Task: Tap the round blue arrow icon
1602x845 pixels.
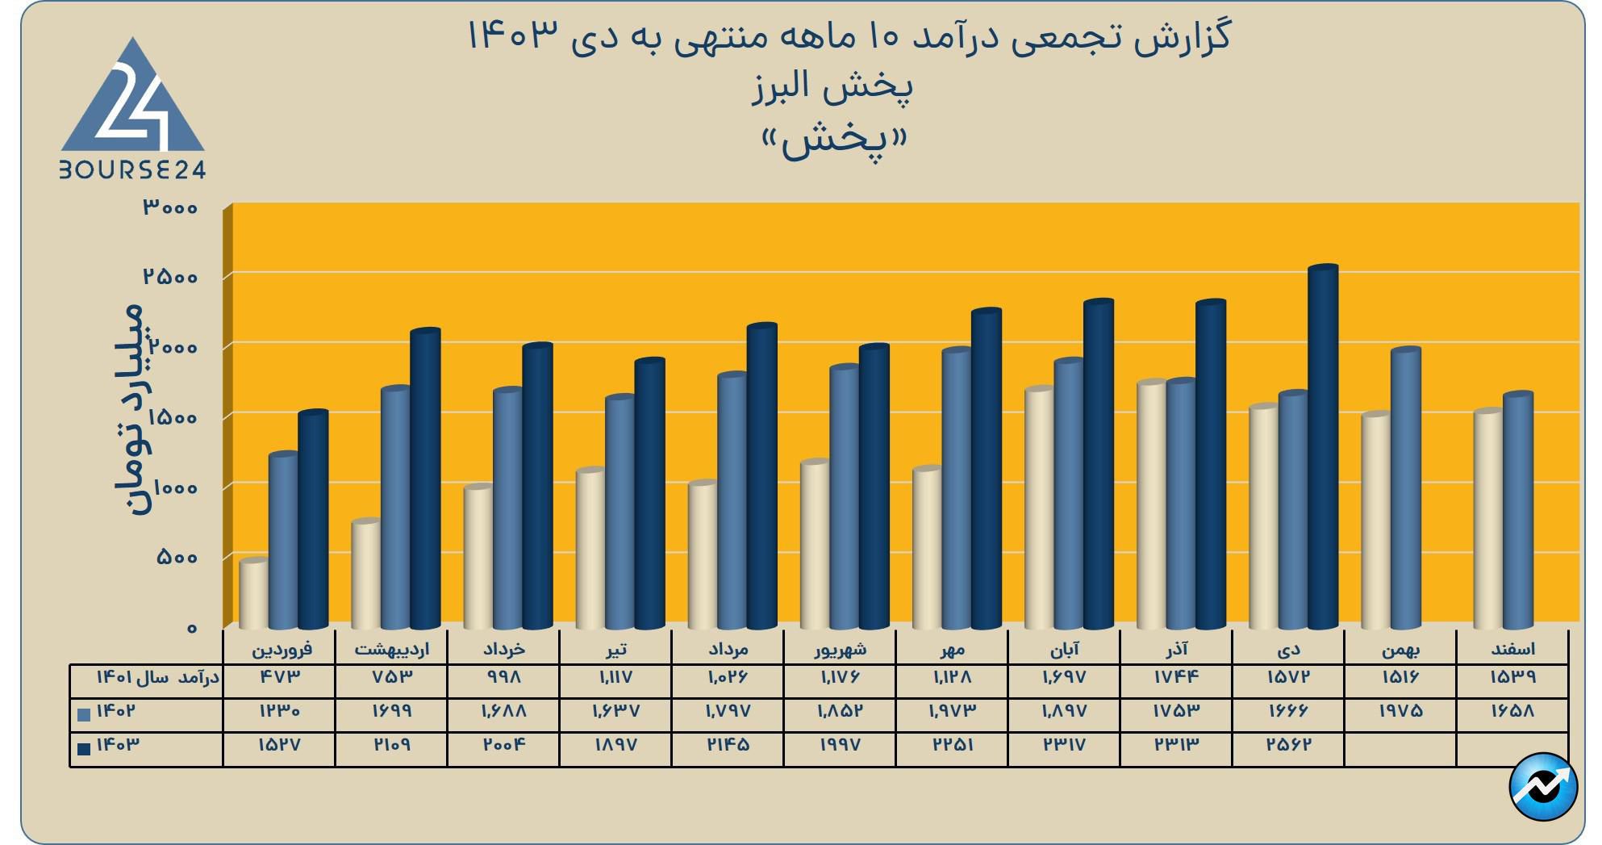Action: [x=1542, y=786]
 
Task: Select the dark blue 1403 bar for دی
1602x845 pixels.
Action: [x=1323, y=448]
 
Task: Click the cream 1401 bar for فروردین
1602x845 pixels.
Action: [x=254, y=593]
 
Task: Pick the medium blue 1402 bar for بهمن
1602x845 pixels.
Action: [x=1406, y=488]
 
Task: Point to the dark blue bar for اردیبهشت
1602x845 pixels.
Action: [x=425, y=479]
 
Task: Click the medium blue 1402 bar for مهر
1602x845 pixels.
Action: [x=957, y=488]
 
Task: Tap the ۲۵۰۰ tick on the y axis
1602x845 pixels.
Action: [x=170, y=277]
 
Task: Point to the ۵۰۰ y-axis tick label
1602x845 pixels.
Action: [x=177, y=558]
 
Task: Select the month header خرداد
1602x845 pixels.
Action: [x=504, y=649]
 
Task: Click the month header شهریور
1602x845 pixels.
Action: [x=840, y=649]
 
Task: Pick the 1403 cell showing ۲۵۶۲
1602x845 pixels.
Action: [x=1288, y=745]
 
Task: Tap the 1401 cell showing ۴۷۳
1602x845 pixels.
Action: [x=279, y=677]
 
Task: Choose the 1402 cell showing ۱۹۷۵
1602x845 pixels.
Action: [x=1400, y=711]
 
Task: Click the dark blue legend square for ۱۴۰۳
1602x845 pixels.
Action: [x=84, y=748]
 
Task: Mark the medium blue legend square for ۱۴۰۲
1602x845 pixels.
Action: [x=84, y=714]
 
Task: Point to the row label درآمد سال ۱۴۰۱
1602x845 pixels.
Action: [x=157, y=677]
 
